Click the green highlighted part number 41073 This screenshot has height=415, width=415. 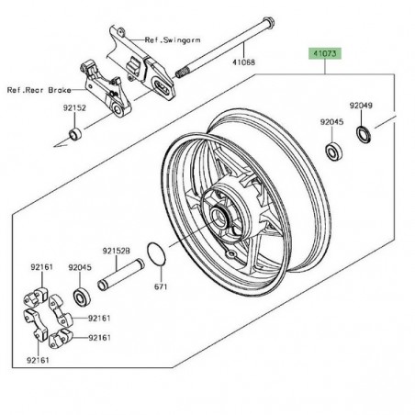pos(324,54)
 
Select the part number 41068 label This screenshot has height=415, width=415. pos(243,62)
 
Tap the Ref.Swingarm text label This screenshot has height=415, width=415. pos(173,40)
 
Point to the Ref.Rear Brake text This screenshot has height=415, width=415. pos(39,90)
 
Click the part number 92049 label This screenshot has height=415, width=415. pos(361,106)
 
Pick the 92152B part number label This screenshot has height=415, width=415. pos(117,252)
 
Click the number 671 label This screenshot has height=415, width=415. pos(161,286)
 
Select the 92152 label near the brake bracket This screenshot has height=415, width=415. pos(74,108)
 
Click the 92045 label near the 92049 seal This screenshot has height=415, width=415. pos(331,122)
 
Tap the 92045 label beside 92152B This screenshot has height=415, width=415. pos(80,267)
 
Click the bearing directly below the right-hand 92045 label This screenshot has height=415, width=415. pos(333,151)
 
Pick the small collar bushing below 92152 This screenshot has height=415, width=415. pos(75,135)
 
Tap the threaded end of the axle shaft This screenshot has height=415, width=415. pos(181,73)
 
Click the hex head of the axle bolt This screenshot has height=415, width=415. pos(268,22)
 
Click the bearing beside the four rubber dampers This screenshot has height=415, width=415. pos(82,297)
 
